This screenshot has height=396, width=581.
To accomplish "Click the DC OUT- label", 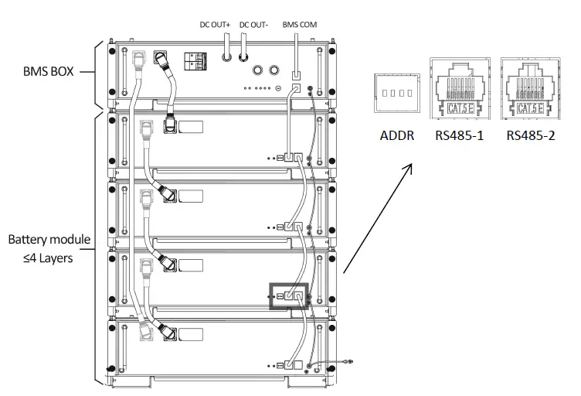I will pos(253,25).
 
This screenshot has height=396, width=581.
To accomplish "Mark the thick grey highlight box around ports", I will pos(287,295).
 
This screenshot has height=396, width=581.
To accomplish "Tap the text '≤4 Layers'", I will pos(48,258).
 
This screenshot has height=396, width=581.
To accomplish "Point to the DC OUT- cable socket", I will pos(243,56).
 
